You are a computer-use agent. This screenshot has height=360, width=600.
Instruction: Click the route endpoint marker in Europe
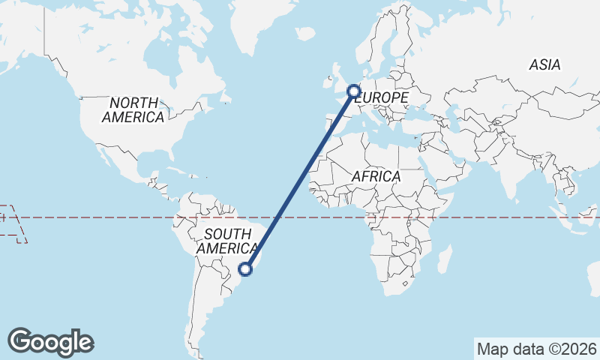(x=354, y=91)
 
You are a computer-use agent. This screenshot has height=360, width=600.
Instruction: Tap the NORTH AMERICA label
(x=133, y=110)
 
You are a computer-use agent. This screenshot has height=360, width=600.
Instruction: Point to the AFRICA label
(x=376, y=177)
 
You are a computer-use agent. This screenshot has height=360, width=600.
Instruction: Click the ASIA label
(x=544, y=65)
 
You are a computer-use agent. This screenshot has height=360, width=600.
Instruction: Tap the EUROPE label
(x=382, y=98)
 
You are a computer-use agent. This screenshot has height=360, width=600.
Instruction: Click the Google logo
(x=51, y=342)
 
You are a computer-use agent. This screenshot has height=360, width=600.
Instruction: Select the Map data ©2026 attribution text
(x=536, y=349)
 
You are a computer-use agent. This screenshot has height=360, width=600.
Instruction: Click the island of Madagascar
(x=445, y=259)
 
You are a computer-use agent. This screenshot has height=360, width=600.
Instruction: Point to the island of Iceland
(x=304, y=34)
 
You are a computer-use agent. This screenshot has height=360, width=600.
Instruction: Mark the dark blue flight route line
(x=300, y=180)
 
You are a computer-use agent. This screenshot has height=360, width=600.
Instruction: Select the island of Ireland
(x=328, y=79)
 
